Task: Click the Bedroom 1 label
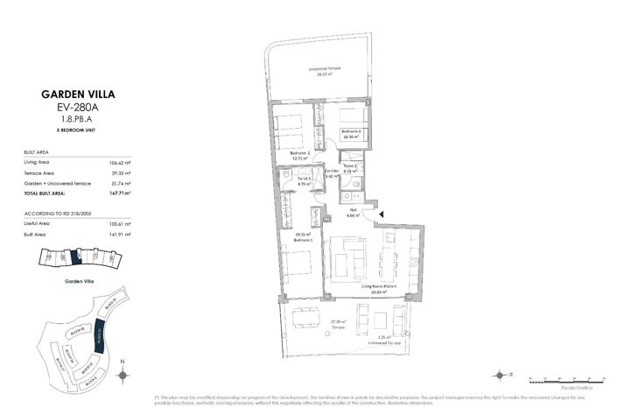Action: [x=303, y=237]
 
